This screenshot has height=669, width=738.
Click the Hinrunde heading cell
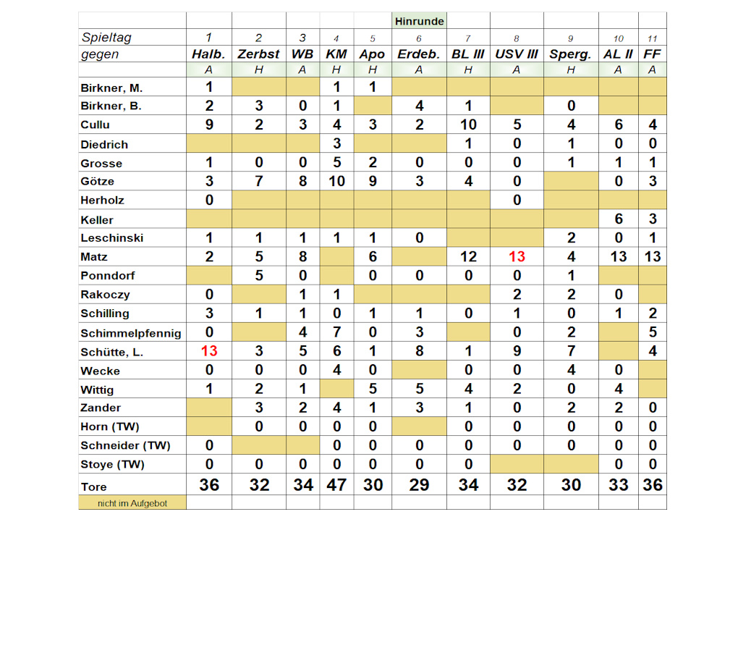click(x=419, y=21)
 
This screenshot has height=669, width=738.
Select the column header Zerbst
click(x=258, y=54)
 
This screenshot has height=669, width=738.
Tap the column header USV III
click(x=517, y=54)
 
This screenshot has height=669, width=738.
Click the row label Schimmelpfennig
click(x=131, y=332)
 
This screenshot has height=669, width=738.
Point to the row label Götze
click(x=98, y=181)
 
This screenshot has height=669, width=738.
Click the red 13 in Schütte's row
click(x=209, y=351)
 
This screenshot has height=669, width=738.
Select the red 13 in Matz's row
click(x=517, y=256)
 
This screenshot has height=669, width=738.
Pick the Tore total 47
click(x=336, y=484)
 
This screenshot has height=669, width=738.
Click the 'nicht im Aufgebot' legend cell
click(x=132, y=502)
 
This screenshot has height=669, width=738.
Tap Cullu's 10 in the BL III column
click(x=468, y=125)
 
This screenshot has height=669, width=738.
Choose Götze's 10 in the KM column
click(x=336, y=181)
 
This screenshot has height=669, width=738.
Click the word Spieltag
click(x=106, y=38)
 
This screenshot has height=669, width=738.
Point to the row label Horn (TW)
click(x=110, y=426)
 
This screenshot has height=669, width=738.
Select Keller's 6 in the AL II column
click(x=618, y=219)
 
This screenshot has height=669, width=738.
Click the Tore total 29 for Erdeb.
click(x=419, y=484)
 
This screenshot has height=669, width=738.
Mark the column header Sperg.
click(x=570, y=54)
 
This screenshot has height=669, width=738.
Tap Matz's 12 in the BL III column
click(x=468, y=256)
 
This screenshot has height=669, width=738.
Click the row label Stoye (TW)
click(x=112, y=464)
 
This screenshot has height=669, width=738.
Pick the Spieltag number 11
click(x=652, y=38)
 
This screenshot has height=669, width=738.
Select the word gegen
click(x=101, y=54)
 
